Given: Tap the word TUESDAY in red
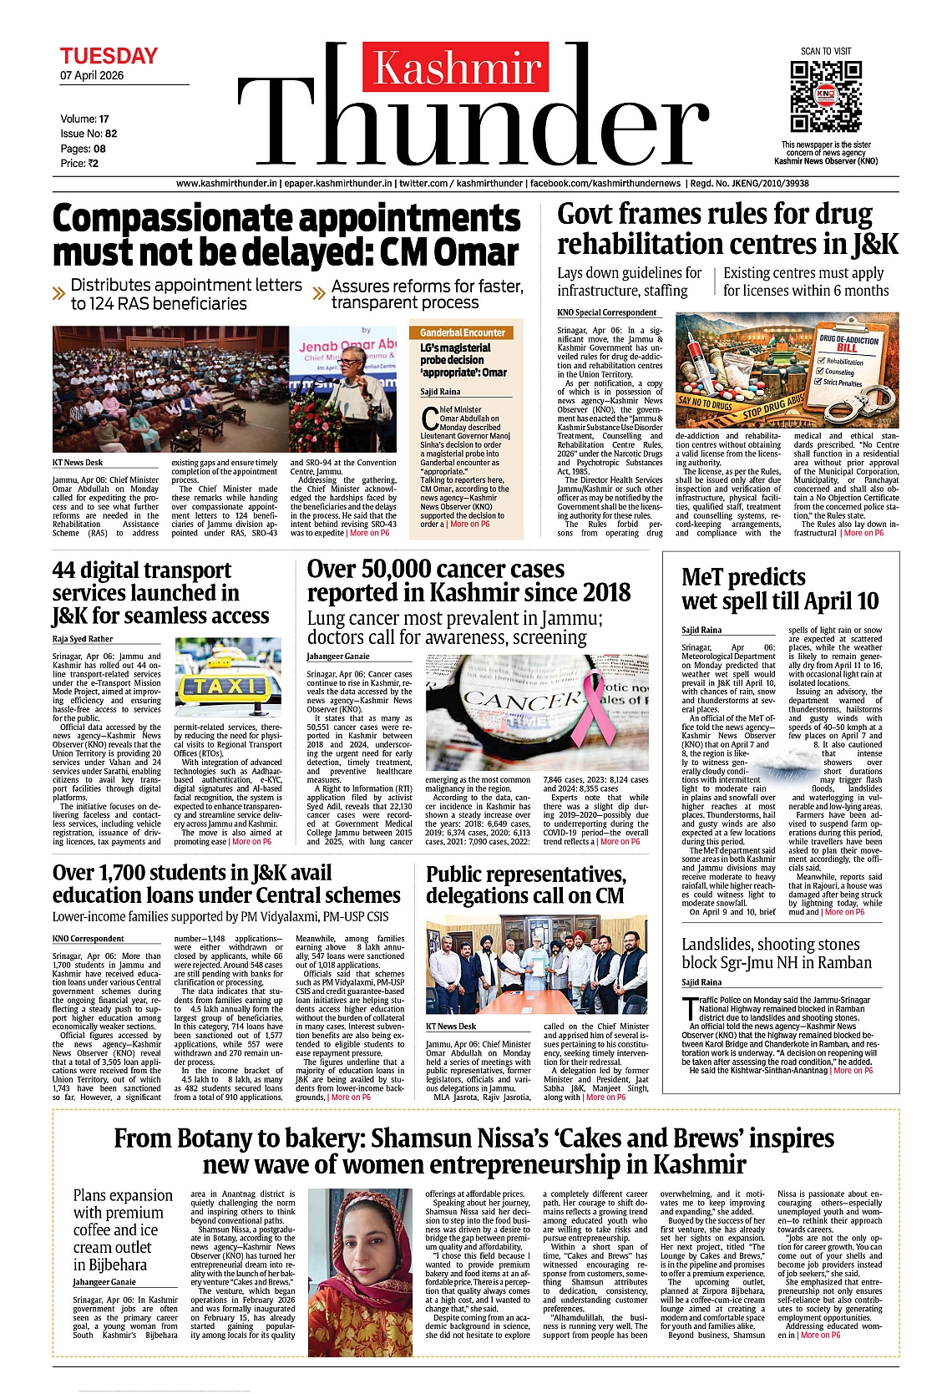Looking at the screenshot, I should (x=109, y=56).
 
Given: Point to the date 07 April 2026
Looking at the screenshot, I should (x=92, y=75).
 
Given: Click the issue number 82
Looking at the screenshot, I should (x=111, y=134).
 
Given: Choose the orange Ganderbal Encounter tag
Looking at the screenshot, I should (x=463, y=332).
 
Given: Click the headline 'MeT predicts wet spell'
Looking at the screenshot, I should (x=778, y=589).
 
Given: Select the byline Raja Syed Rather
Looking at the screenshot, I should (x=83, y=639).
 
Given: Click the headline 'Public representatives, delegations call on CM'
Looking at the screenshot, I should (x=526, y=885).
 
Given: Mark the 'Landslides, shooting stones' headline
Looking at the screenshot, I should (x=776, y=953).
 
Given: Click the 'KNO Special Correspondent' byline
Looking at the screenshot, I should (x=606, y=312).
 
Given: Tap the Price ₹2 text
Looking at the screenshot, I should (x=79, y=164).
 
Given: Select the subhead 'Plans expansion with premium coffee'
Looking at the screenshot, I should (x=122, y=1229).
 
